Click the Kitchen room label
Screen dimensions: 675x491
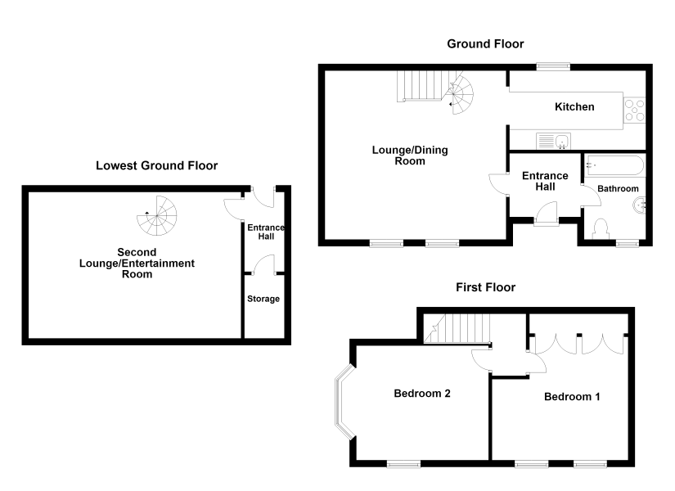574,107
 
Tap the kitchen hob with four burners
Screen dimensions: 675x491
635,110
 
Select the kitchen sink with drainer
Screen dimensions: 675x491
553,141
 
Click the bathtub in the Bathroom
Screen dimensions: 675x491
614,165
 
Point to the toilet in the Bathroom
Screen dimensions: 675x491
601,228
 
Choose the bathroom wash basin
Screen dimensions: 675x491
639,205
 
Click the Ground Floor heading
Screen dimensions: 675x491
485,44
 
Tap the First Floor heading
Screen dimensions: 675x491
485,287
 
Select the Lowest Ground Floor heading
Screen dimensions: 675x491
157,166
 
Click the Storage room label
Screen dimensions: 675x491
263,299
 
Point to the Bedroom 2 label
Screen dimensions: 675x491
422,394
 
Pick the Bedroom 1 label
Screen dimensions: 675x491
572,397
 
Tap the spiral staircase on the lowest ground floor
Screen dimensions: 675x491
157,216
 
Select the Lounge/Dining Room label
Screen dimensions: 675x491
410,155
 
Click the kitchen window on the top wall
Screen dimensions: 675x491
553,67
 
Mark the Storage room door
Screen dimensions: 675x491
264,264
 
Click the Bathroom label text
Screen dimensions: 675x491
618,189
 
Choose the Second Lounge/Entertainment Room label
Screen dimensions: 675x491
137,264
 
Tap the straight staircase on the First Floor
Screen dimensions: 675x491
457,328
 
